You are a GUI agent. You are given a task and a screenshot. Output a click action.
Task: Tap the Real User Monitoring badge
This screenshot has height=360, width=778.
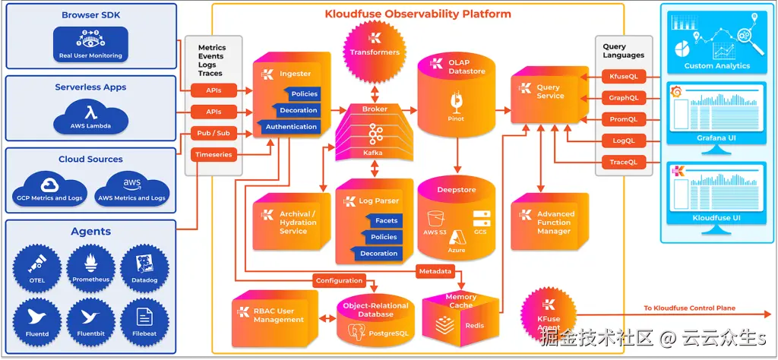coord(90,45)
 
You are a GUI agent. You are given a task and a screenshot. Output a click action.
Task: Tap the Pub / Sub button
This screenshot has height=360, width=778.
coord(213,134)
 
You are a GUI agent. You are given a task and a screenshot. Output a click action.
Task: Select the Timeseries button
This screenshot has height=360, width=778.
coord(213,154)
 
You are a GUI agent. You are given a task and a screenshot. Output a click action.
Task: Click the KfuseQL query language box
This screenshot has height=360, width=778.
coord(624,77)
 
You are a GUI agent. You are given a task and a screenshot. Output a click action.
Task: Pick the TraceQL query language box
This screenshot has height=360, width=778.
coord(624,162)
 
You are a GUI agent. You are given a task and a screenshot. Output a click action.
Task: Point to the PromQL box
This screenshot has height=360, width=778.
coord(624,119)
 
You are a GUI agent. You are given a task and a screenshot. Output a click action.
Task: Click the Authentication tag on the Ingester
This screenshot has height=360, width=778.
coord(290,127)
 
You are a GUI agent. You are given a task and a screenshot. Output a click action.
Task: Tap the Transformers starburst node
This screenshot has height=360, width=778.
coord(375,47)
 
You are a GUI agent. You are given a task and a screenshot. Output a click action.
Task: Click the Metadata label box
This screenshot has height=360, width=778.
coord(435,271)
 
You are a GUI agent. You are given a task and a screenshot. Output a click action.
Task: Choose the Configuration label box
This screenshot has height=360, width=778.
coord(339,280)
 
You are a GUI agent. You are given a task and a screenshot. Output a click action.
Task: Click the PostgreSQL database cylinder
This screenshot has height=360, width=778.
coord(375,320)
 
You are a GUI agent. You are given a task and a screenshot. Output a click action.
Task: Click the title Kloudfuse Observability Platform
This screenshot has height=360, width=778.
coord(418,14)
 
